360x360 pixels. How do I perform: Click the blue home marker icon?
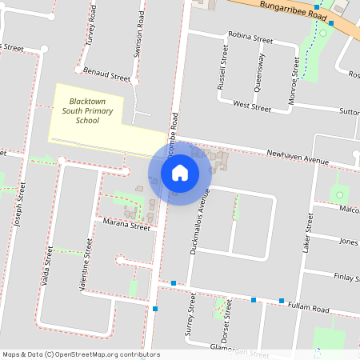click(179, 173)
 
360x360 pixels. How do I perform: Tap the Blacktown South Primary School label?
click(84, 111)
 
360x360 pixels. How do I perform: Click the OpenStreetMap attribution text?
click(81, 354)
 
